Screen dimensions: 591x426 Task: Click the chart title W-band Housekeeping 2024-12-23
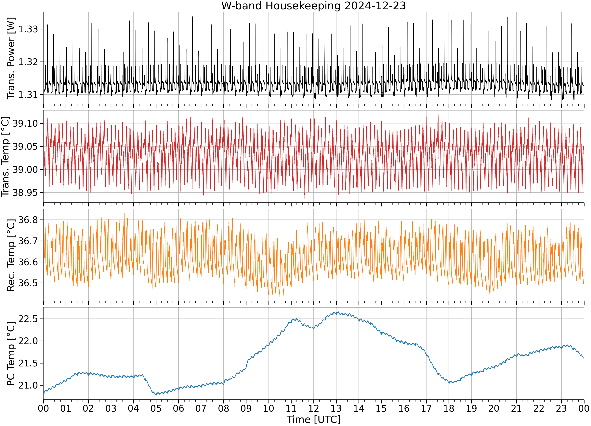[313, 6]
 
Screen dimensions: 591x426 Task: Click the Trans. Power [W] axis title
[11, 58]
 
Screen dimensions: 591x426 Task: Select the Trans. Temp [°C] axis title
[6, 157]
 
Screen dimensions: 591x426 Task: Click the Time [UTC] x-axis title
[313, 419]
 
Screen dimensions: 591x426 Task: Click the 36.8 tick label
[28, 220]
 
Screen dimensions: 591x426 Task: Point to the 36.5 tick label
[28, 283]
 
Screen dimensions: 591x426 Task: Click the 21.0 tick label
[28, 385]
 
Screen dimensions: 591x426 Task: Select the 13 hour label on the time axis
[336, 408]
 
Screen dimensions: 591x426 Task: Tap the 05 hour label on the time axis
[156, 408]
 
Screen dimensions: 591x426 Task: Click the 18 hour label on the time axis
[449, 408]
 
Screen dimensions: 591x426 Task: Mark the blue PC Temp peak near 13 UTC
[337, 312]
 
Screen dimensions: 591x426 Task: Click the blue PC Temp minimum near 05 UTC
[156, 395]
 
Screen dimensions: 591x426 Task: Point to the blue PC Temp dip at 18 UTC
[449, 383]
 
